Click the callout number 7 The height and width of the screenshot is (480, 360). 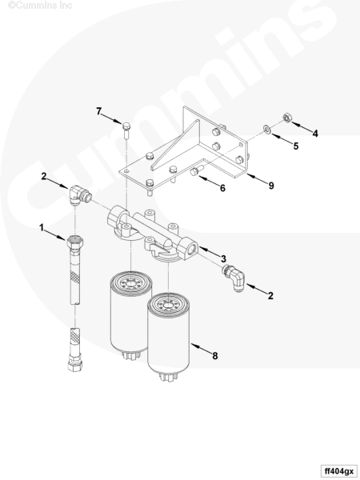pos(98,111)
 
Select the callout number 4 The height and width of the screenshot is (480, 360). pos(315,133)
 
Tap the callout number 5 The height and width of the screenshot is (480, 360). pos(296,146)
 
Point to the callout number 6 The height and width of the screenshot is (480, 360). pos(222,188)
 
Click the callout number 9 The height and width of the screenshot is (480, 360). pos(271,186)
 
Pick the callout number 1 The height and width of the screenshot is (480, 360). pos(42,228)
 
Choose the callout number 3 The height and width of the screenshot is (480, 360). pos(223,258)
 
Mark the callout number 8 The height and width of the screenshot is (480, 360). pos(215,356)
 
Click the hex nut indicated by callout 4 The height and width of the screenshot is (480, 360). pos(287,118)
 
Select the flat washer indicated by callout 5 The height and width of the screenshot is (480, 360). pos(267,130)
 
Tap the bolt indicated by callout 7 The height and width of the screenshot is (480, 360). pos(126,130)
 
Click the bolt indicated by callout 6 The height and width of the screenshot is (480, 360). pos(197,171)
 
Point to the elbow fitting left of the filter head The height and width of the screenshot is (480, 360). pos(78,196)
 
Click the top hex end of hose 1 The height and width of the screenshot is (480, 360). pos(74,242)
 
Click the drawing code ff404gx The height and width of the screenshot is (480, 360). pos(339,471)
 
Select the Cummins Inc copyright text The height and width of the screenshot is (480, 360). pos(40,6)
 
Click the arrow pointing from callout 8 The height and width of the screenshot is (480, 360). pos(201,350)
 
